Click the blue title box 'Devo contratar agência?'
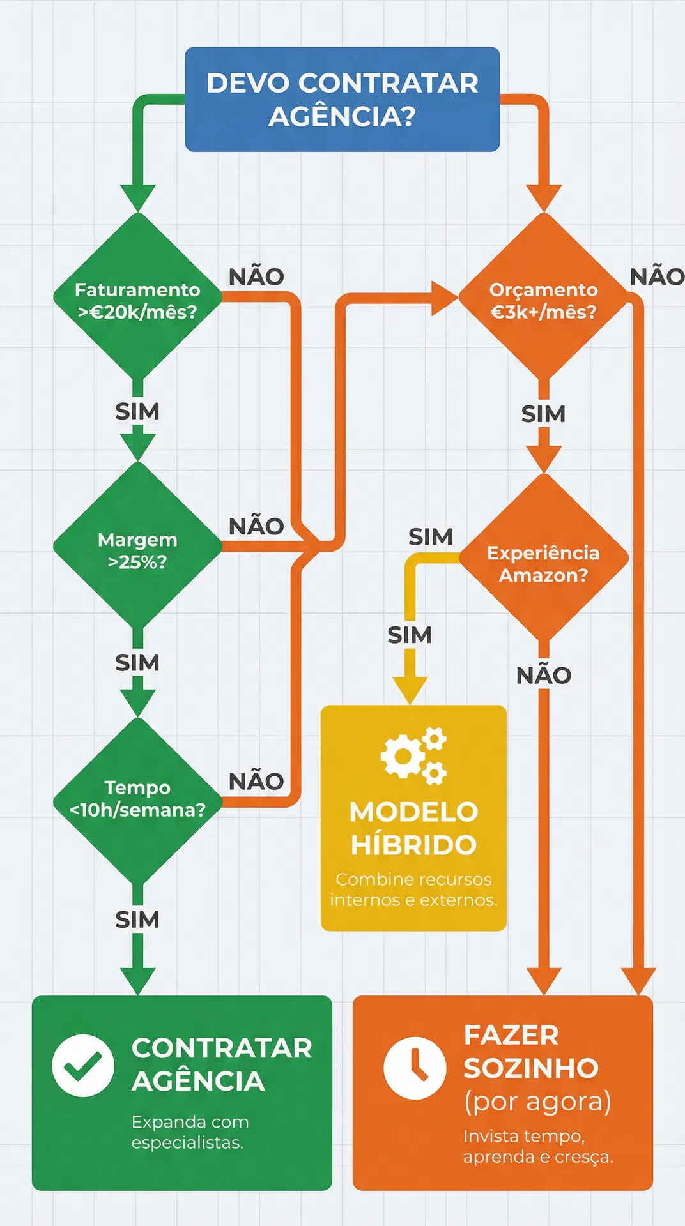pyautogui.click(x=342, y=99)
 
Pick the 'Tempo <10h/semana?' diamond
pyautogui.click(x=137, y=798)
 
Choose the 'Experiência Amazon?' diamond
pyautogui.click(x=543, y=562)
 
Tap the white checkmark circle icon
pyautogui.click(x=83, y=1065)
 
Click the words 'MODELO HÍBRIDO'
pyautogui.click(x=413, y=828)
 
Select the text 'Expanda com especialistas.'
pyautogui.click(x=189, y=1131)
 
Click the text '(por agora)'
pyautogui.click(x=537, y=1101)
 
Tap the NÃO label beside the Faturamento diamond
pyautogui.click(x=256, y=277)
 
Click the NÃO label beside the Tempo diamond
pyautogui.click(x=256, y=782)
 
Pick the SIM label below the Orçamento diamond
pyautogui.click(x=543, y=414)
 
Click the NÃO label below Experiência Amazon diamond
pyautogui.click(x=543, y=676)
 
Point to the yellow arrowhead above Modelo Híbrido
pyautogui.click(x=410, y=691)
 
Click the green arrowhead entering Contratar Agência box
pyautogui.click(x=137, y=981)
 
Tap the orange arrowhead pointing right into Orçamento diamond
pyautogui.click(x=445, y=298)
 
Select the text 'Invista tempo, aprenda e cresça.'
pyautogui.click(x=537, y=1146)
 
